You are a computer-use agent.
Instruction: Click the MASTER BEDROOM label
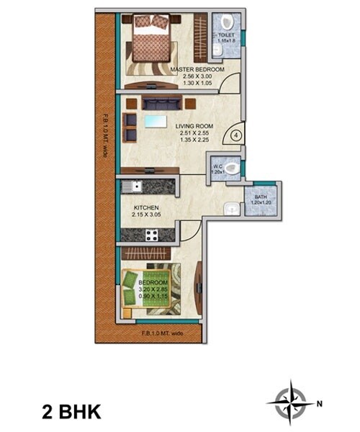(197, 69)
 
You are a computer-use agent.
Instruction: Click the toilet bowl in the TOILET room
(228, 22)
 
